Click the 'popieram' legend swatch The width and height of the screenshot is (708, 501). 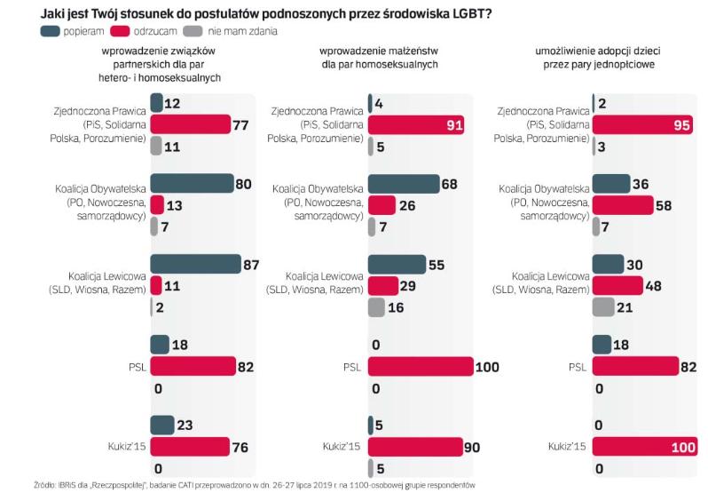[x=51, y=31]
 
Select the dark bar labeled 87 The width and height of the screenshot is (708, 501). [x=195, y=264]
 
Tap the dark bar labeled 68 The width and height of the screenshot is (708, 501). [x=404, y=185]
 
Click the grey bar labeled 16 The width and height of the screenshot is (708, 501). [x=376, y=306]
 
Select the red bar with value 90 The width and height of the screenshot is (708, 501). [x=415, y=446]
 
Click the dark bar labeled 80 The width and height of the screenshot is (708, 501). [x=192, y=185]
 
